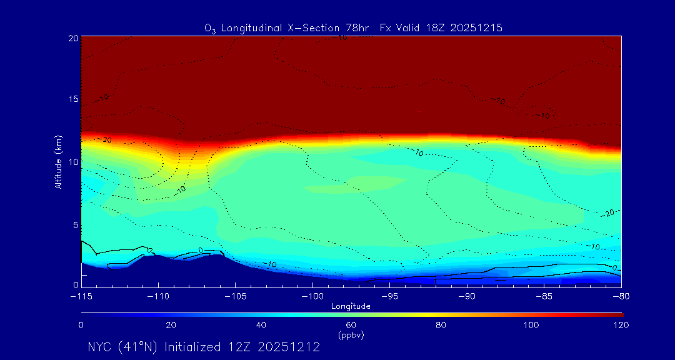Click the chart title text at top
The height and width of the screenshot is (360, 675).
pos(353,28)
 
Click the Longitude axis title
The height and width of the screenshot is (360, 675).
pos(351,306)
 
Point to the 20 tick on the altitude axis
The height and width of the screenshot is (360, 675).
pos(73,38)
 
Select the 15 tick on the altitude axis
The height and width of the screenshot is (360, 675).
pos(73,99)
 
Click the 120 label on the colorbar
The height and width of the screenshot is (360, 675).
pos(621,325)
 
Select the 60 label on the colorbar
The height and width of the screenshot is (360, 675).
pos(351,325)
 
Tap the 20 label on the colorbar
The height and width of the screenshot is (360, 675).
pos(171,325)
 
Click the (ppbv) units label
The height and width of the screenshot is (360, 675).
pos(351,335)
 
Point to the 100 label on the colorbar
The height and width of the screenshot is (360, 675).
pos(531,325)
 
